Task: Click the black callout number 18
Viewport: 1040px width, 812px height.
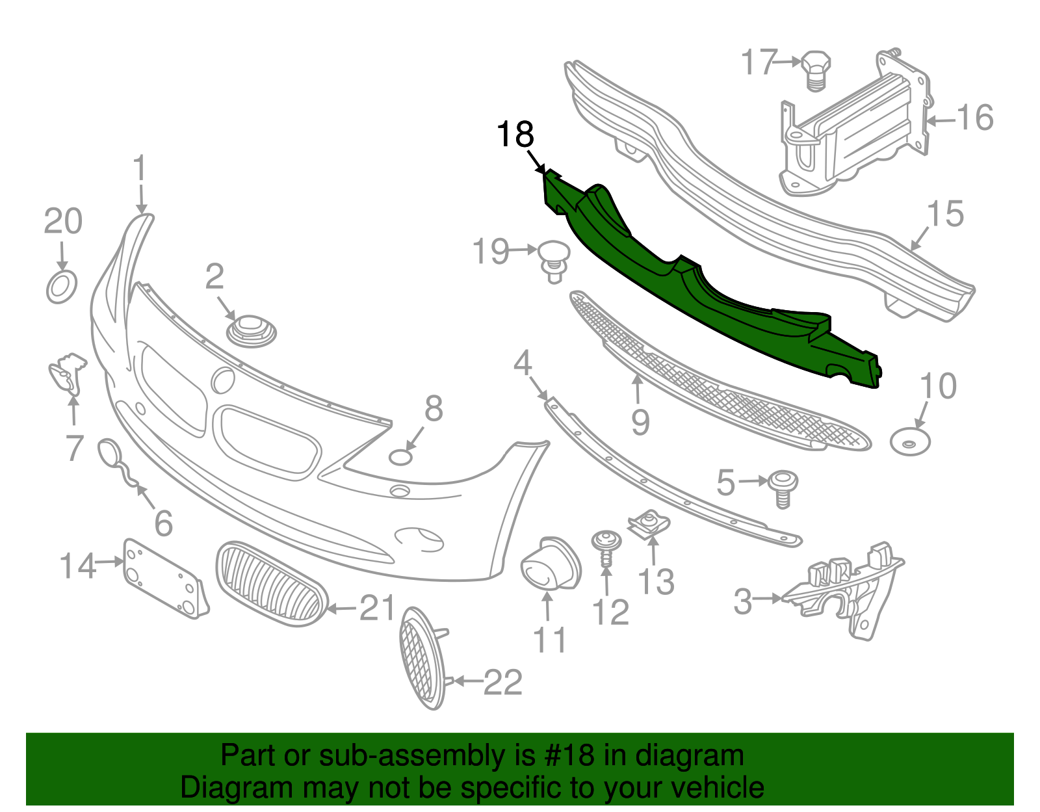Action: pyautogui.click(x=515, y=135)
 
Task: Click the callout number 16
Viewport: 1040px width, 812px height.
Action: pyautogui.click(x=974, y=118)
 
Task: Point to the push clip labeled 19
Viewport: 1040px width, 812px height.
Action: pyautogui.click(x=552, y=259)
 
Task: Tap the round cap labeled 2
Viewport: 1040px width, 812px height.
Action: pyautogui.click(x=251, y=330)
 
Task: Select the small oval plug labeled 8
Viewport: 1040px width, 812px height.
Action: pyautogui.click(x=401, y=457)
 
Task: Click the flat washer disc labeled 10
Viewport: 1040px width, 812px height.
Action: pyautogui.click(x=909, y=442)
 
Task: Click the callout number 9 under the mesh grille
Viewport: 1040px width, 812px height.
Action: pyautogui.click(x=640, y=423)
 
